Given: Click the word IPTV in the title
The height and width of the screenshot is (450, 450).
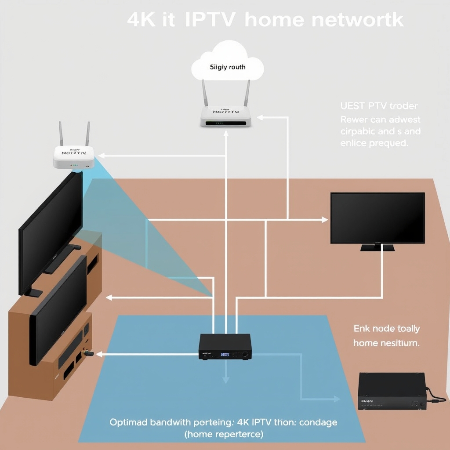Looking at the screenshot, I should pyautogui.click(x=210, y=20).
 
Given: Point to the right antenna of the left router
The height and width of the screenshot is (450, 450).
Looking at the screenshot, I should pyautogui.click(x=87, y=134).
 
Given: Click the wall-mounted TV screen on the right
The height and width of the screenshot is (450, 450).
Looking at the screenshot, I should pyautogui.click(x=377, y=218).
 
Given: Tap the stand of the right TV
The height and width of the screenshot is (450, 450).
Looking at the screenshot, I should pyautogui.click(x=377, y=247).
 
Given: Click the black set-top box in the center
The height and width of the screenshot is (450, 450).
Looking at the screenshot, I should pyautogui.click(x=225, y=346).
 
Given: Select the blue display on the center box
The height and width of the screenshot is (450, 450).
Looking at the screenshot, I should pyautogui.click(x=225, y=354).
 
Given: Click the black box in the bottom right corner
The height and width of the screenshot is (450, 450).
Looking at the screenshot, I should pyautogui.click(x=392, y=391).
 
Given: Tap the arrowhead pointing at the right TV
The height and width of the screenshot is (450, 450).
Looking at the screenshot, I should pyautogui.click(x=325, y=219).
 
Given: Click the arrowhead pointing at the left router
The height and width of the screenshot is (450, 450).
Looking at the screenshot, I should pyautogui.click(x=101, y=155).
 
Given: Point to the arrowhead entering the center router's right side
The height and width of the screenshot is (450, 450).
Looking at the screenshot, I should pyautogui.click(x=260, y=117).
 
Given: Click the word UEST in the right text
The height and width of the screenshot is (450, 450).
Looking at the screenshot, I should pyautogui.click(x=351, y=106).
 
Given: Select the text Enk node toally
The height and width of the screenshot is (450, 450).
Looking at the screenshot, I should pyautogui.click(x=386, y=329).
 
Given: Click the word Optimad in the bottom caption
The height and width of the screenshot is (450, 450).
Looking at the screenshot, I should pyautogui.click(x=128, y=422).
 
